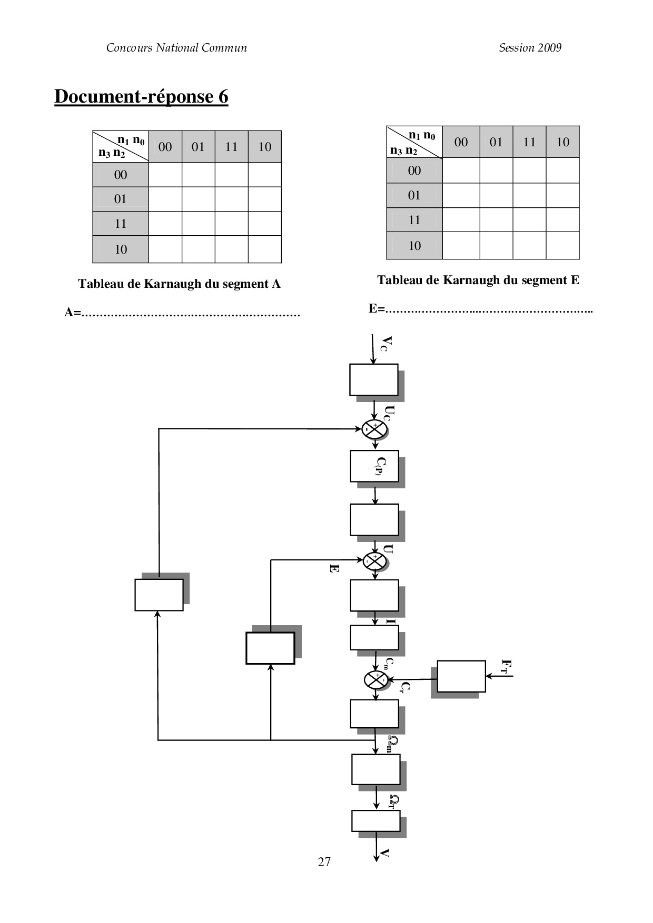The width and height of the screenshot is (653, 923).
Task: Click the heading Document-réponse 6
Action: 141,97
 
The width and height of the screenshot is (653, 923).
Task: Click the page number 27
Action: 324,861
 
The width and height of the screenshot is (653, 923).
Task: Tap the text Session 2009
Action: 530,48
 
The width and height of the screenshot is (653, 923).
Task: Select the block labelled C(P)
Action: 374,466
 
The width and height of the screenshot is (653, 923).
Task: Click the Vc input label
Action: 386,343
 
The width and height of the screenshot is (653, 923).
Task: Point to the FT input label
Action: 507,666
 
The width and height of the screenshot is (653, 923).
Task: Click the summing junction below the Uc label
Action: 374,429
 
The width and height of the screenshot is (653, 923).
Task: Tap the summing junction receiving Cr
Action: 375,680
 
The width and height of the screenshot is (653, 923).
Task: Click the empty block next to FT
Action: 461,676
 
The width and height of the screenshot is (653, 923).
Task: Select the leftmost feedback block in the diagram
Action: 159,595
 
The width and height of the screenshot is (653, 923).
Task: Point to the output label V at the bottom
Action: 385,853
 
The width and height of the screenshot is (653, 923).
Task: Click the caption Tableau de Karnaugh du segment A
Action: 179,284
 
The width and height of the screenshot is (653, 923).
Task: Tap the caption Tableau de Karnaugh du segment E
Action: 478,280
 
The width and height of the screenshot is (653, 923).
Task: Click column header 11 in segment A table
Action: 231,147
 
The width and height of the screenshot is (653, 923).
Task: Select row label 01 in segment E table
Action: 414,195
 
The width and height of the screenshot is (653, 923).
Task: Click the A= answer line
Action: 182,313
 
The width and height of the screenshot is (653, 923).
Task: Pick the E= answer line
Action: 480,309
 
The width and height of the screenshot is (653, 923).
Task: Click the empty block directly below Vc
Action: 373,379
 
